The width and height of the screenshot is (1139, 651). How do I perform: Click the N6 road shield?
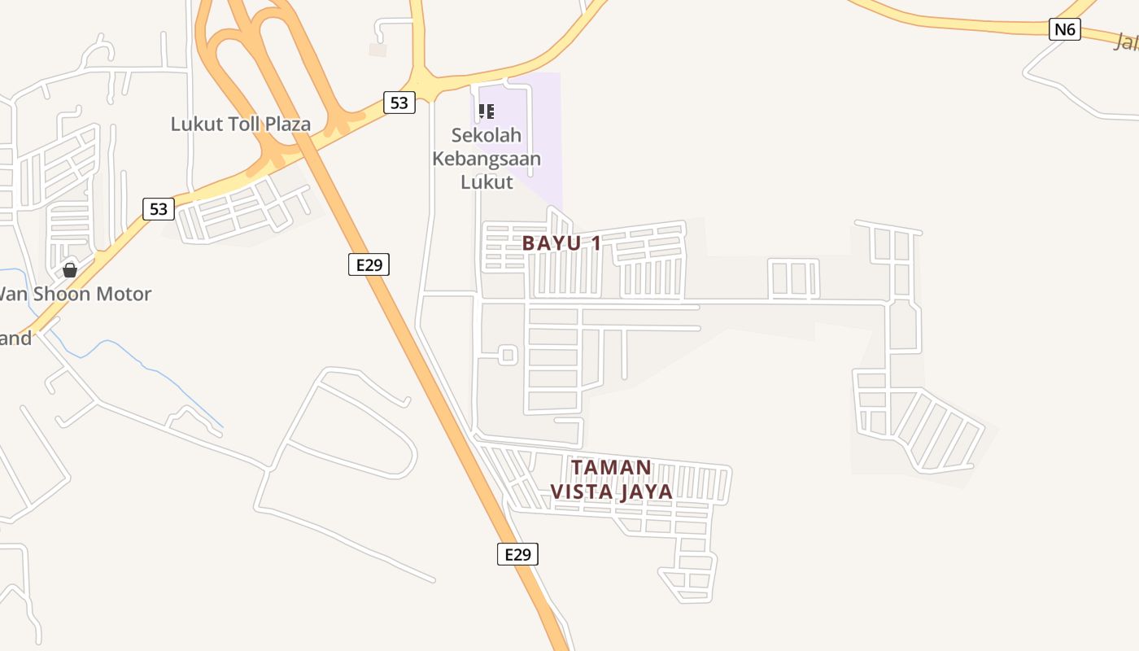click(1064, 30)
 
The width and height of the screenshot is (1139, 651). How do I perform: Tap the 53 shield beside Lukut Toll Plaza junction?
click(399, 103)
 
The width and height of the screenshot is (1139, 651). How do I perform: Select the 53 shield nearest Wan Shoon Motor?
click(159, 209)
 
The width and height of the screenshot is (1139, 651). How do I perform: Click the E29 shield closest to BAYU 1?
click(369, 264)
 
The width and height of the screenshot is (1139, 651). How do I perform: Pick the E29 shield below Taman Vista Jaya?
click(517, 554)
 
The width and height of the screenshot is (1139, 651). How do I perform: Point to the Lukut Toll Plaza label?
click(241, 125)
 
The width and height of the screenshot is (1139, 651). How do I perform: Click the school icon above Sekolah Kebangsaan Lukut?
click(487, 111)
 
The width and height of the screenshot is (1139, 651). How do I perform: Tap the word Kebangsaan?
click(487, 158)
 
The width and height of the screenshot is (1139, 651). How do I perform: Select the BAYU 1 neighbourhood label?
click(561, 242)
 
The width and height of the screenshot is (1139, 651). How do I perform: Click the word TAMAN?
click(612, 467)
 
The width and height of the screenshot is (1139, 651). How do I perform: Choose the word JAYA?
click(646, 492)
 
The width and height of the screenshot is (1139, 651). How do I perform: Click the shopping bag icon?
click(70, 269)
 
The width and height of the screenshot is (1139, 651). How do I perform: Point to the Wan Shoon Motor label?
click(75, 293)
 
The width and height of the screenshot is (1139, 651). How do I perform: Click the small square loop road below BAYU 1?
click(508, 355)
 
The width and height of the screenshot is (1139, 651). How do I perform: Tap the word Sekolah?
click(487, 135)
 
